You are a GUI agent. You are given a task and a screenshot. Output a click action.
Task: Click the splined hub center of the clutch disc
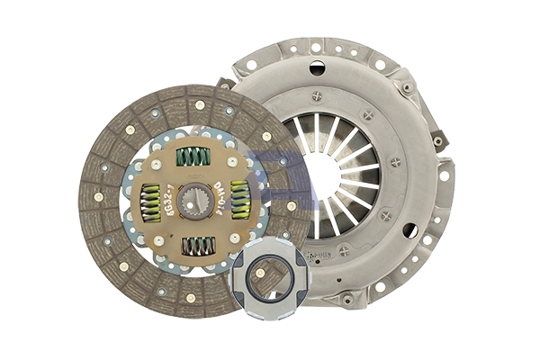(193, 201)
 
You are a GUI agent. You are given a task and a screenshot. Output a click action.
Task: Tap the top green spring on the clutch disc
(193, 157)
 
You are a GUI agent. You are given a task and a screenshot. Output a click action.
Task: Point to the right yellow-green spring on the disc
(240, 200)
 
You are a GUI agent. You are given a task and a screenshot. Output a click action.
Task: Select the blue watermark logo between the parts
(270, 175)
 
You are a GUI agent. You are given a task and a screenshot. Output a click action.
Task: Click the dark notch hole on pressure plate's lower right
(409, 230)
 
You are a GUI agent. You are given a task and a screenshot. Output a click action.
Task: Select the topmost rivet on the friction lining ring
(200, 105)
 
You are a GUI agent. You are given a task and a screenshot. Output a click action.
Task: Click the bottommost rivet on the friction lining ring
(190, 298)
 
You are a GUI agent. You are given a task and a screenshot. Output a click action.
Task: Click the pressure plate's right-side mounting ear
(441, 139)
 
